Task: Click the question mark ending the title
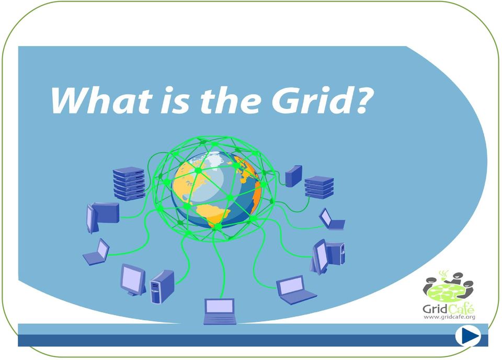[362, 100]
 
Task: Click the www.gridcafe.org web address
[449, 317]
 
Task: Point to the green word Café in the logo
[461, 309]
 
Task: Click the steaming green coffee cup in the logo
[444, 275]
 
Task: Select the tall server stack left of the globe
[129, 184]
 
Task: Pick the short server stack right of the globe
[319, 187]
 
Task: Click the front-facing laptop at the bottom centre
[220, 311]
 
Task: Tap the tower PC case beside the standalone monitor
[162, 287]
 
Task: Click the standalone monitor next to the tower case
[133, 279]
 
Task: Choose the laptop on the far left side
[96, 252]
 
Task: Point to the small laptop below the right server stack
[332, 219]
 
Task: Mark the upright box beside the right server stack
[293, 176]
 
